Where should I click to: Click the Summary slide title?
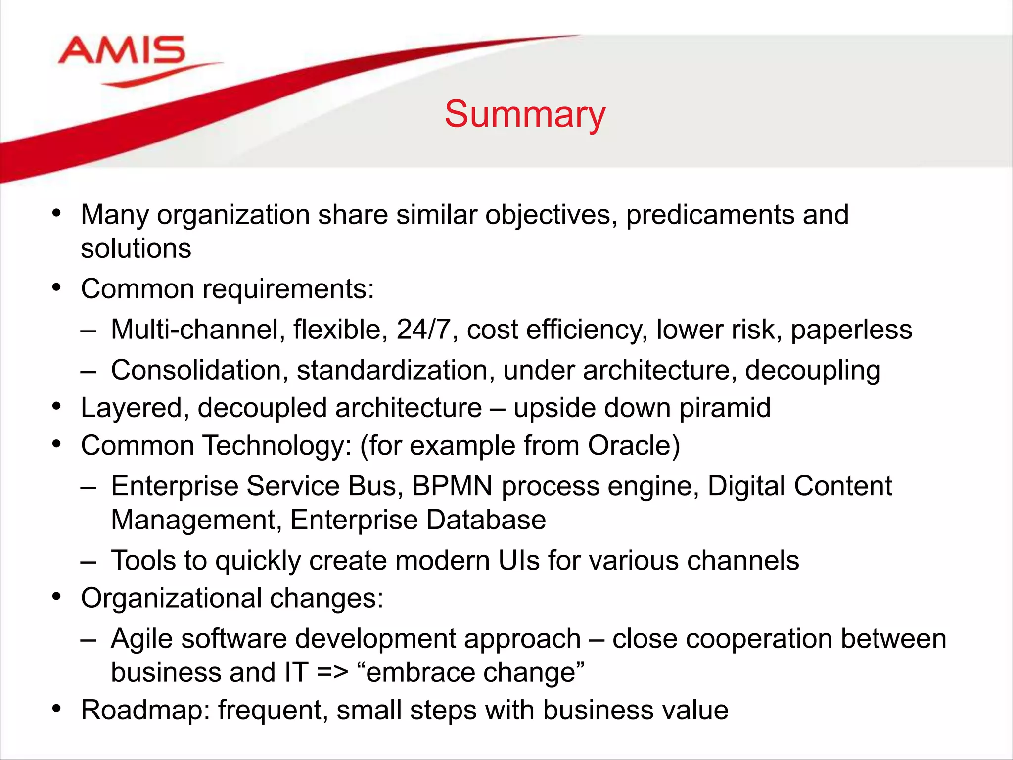pos(524,114)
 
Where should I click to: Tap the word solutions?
pos(136,249)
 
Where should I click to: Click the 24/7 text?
pos(424,330)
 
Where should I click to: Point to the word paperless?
pos(851,330)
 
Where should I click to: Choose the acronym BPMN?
pos(452,486)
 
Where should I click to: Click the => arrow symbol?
pos(332,673)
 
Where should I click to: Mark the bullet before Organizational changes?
pos(57,597)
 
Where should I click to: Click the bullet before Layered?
pos(57,407)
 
